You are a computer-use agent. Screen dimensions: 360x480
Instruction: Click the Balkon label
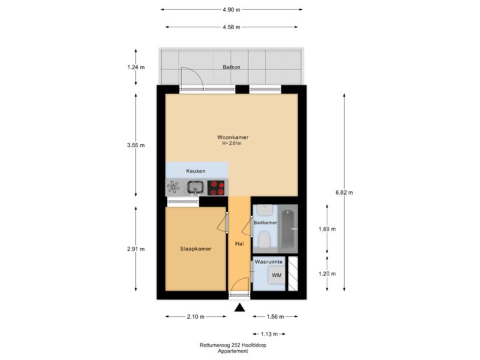click(231, 67)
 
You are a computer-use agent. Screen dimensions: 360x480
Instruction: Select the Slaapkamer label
click(195, 249)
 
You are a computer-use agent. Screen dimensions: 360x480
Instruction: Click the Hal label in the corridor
click(239, 244)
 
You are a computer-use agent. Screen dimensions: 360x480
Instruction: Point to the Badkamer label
click(265, 223)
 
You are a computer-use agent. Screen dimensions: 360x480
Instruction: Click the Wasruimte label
click(269, 263)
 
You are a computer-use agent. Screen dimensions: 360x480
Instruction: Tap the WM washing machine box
click(276, 275)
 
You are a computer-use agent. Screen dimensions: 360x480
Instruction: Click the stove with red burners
click(217, 188)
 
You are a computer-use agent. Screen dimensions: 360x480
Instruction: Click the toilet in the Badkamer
click(264, 238)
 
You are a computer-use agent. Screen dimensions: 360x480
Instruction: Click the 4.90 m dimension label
click(232, 10)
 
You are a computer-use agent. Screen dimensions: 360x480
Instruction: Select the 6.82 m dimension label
click(344, 193)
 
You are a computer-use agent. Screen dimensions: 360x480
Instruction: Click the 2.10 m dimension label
click(195, 317)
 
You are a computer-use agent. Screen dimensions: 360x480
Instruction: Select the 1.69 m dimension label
click(327, 229)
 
